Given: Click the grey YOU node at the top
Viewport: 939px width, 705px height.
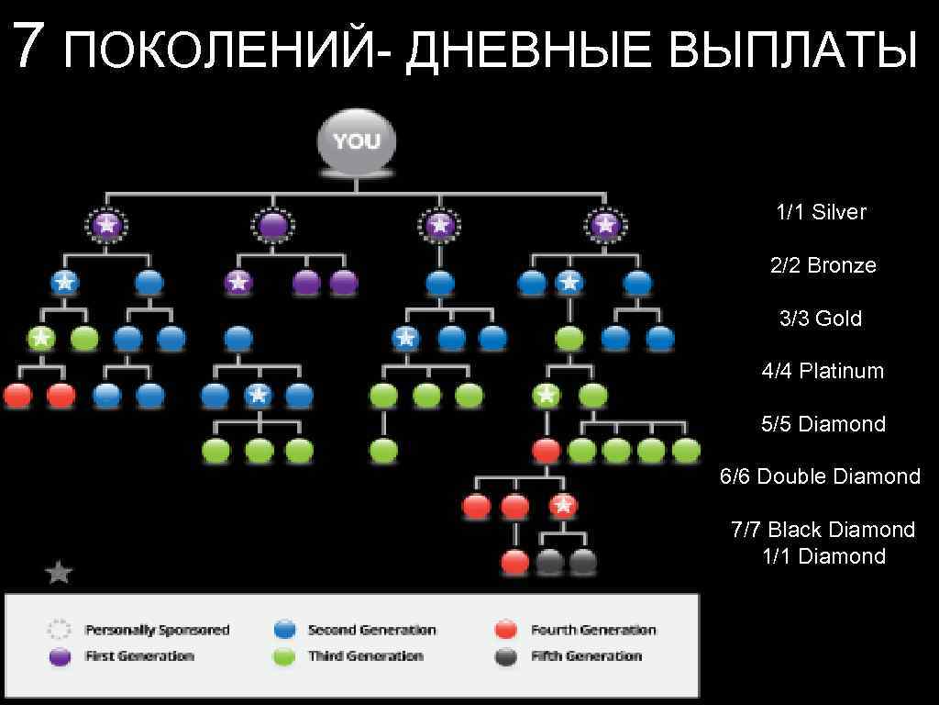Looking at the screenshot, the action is (356, 141).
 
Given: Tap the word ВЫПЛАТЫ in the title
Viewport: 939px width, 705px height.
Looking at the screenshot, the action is (792, 50).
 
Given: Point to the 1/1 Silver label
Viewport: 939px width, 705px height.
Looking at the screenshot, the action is (821, 212).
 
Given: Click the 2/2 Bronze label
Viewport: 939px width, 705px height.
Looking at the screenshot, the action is (823, 265).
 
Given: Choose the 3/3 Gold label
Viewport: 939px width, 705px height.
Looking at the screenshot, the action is (821, 319).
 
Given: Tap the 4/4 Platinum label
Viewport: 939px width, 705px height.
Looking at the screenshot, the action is (822, 371).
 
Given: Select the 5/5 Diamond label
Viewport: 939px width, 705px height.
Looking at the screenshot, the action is (823, 424).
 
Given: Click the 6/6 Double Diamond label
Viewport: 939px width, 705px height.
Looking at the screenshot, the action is (820, 476).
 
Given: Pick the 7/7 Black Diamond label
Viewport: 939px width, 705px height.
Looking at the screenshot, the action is (823, 530).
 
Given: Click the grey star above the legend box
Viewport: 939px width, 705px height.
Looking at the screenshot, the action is (59, 573).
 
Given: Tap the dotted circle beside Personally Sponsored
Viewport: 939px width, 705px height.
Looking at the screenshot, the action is (60, 630).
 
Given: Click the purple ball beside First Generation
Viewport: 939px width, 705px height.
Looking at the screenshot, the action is (60, 656).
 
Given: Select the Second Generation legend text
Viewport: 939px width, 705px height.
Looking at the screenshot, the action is (371, 630).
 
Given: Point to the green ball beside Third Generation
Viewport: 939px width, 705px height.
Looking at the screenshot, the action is (285, 656).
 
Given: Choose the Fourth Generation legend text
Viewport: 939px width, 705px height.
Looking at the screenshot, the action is (593, 630).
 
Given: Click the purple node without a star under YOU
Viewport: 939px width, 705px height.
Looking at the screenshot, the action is (272, 225).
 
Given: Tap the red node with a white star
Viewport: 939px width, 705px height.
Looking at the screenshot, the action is (563, 505).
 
